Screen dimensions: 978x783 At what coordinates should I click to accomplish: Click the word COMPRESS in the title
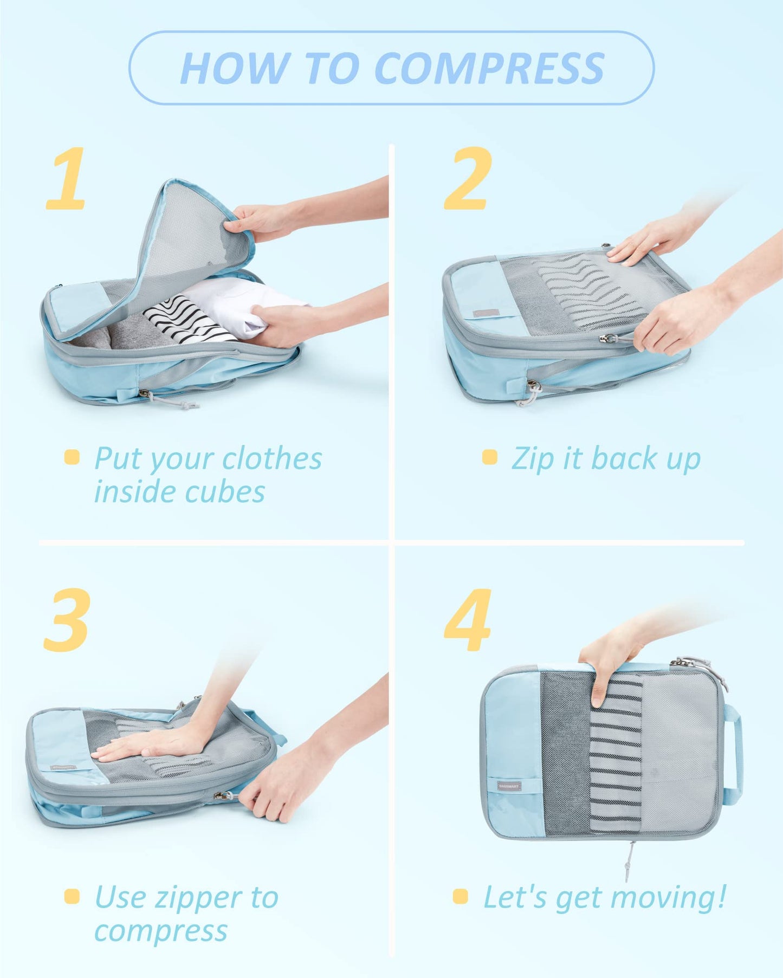pos(489,69)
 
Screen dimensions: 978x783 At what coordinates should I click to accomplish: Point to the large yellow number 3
pos(66,620)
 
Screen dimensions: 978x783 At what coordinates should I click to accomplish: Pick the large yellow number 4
pos(468,620)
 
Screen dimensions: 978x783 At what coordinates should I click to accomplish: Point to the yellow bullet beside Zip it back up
pos(489,457)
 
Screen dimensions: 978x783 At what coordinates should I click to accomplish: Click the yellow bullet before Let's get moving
pos(460,897)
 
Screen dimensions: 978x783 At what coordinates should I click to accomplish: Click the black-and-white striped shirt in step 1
pos(179,320)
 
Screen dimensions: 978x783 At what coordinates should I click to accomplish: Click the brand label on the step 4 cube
pos(509,786)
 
